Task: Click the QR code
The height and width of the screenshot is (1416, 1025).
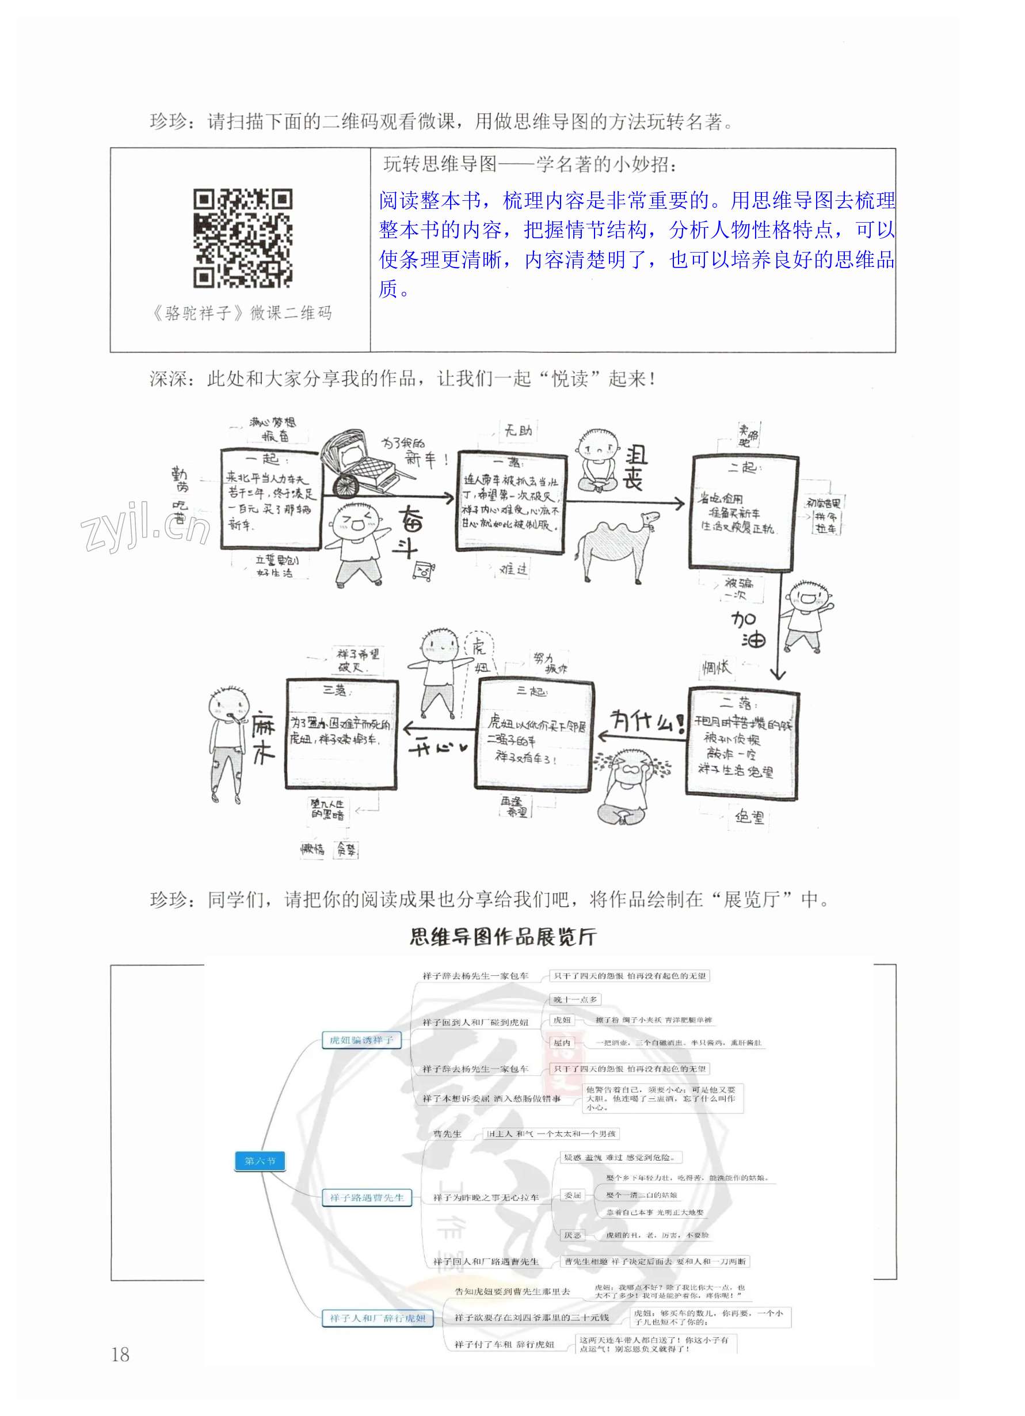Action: (242, 238)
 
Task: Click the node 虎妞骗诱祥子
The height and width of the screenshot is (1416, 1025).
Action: (361, 1040)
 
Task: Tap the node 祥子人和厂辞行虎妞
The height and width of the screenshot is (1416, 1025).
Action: (378, 1318)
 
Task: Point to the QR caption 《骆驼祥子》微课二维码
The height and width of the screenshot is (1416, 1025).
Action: (242, 313)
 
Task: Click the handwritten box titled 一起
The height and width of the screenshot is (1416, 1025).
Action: (270, 499)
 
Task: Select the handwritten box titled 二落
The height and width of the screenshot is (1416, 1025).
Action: (742, 742)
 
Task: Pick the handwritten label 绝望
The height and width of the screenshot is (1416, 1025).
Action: (749, 816)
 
